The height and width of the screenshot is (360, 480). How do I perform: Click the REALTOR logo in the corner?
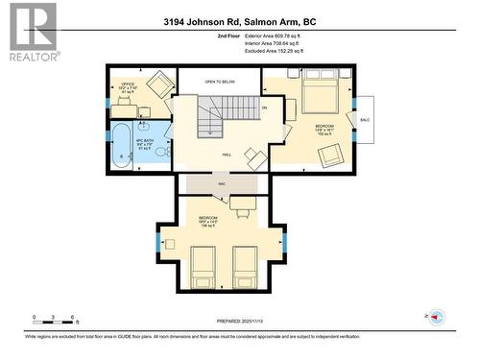31,32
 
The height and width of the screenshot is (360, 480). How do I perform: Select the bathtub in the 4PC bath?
123,145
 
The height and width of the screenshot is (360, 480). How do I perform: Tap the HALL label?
227,155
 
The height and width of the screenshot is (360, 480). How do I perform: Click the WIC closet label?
221,181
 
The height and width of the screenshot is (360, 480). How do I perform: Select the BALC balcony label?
367,120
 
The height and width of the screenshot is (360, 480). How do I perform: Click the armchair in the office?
159,86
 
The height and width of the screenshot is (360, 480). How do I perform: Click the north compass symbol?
437,318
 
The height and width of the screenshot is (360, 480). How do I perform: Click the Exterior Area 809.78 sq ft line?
271,35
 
